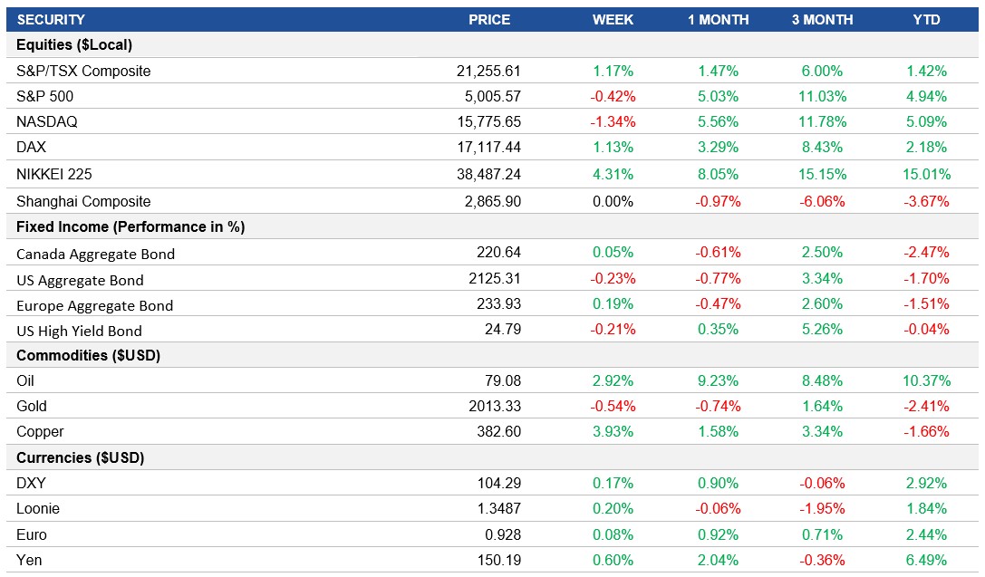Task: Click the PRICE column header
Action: [489, 19]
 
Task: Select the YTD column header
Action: [926, 19]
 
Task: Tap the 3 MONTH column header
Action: [822, 19]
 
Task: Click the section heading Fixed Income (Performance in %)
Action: [130, 226]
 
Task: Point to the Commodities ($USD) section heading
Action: [89, 355]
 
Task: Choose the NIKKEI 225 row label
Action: [54, 174]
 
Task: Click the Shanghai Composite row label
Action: [83, 201]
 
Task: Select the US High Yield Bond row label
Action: [79, 331]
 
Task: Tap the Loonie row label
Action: [38, 509]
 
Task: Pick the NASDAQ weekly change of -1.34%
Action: [613, 121]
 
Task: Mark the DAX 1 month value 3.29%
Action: [718, 147]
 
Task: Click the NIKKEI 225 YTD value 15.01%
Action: [926, 174]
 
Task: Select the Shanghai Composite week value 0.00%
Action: [613, 201]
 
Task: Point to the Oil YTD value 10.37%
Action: [926, 380]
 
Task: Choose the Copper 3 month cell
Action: [822, 431]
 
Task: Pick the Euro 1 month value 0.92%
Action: [718, 534]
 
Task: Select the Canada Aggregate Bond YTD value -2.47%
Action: [926, 253]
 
